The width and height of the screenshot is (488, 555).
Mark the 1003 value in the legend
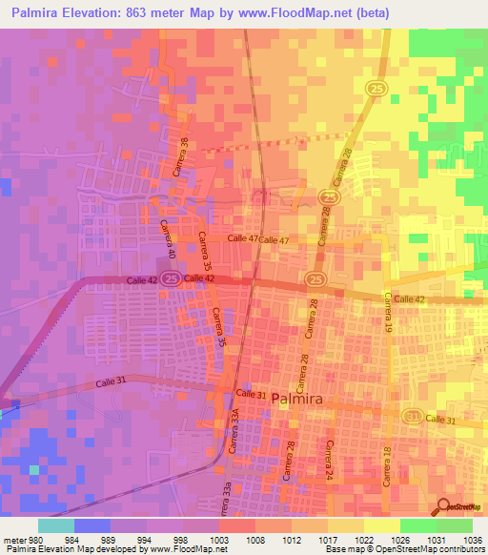click(218, 538)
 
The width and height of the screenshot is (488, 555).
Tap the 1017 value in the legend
click(328, 538)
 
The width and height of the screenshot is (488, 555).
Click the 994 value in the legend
click(145, 538)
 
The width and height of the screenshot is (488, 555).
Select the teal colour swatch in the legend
click(55, 525)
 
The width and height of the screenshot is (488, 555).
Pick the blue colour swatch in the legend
click(91, 525)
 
